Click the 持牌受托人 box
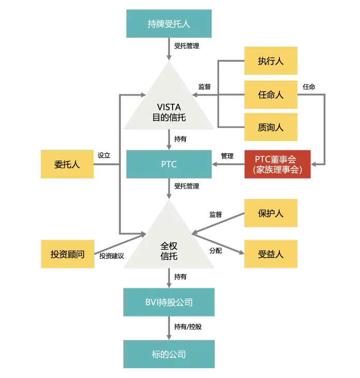click(x=169, y=24)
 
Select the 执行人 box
click(x=271, y=61)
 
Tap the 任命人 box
click(x=271, y=95)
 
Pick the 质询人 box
click(x=271, y=127)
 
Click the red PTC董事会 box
click(x=277, y=164)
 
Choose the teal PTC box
click(x=169, y=164)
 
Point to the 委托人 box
click(x=67, y=164)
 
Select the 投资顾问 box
click(x=67, y=254)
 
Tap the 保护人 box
click(x=271, y=213)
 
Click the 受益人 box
click(x=271, y=254)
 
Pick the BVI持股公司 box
click(x=169, y=302)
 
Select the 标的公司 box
click(x=169, y=354)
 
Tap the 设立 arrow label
click(x=104, y=155)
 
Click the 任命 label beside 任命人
click(x=309, y=87)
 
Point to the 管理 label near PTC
click(x=227, y=155)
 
